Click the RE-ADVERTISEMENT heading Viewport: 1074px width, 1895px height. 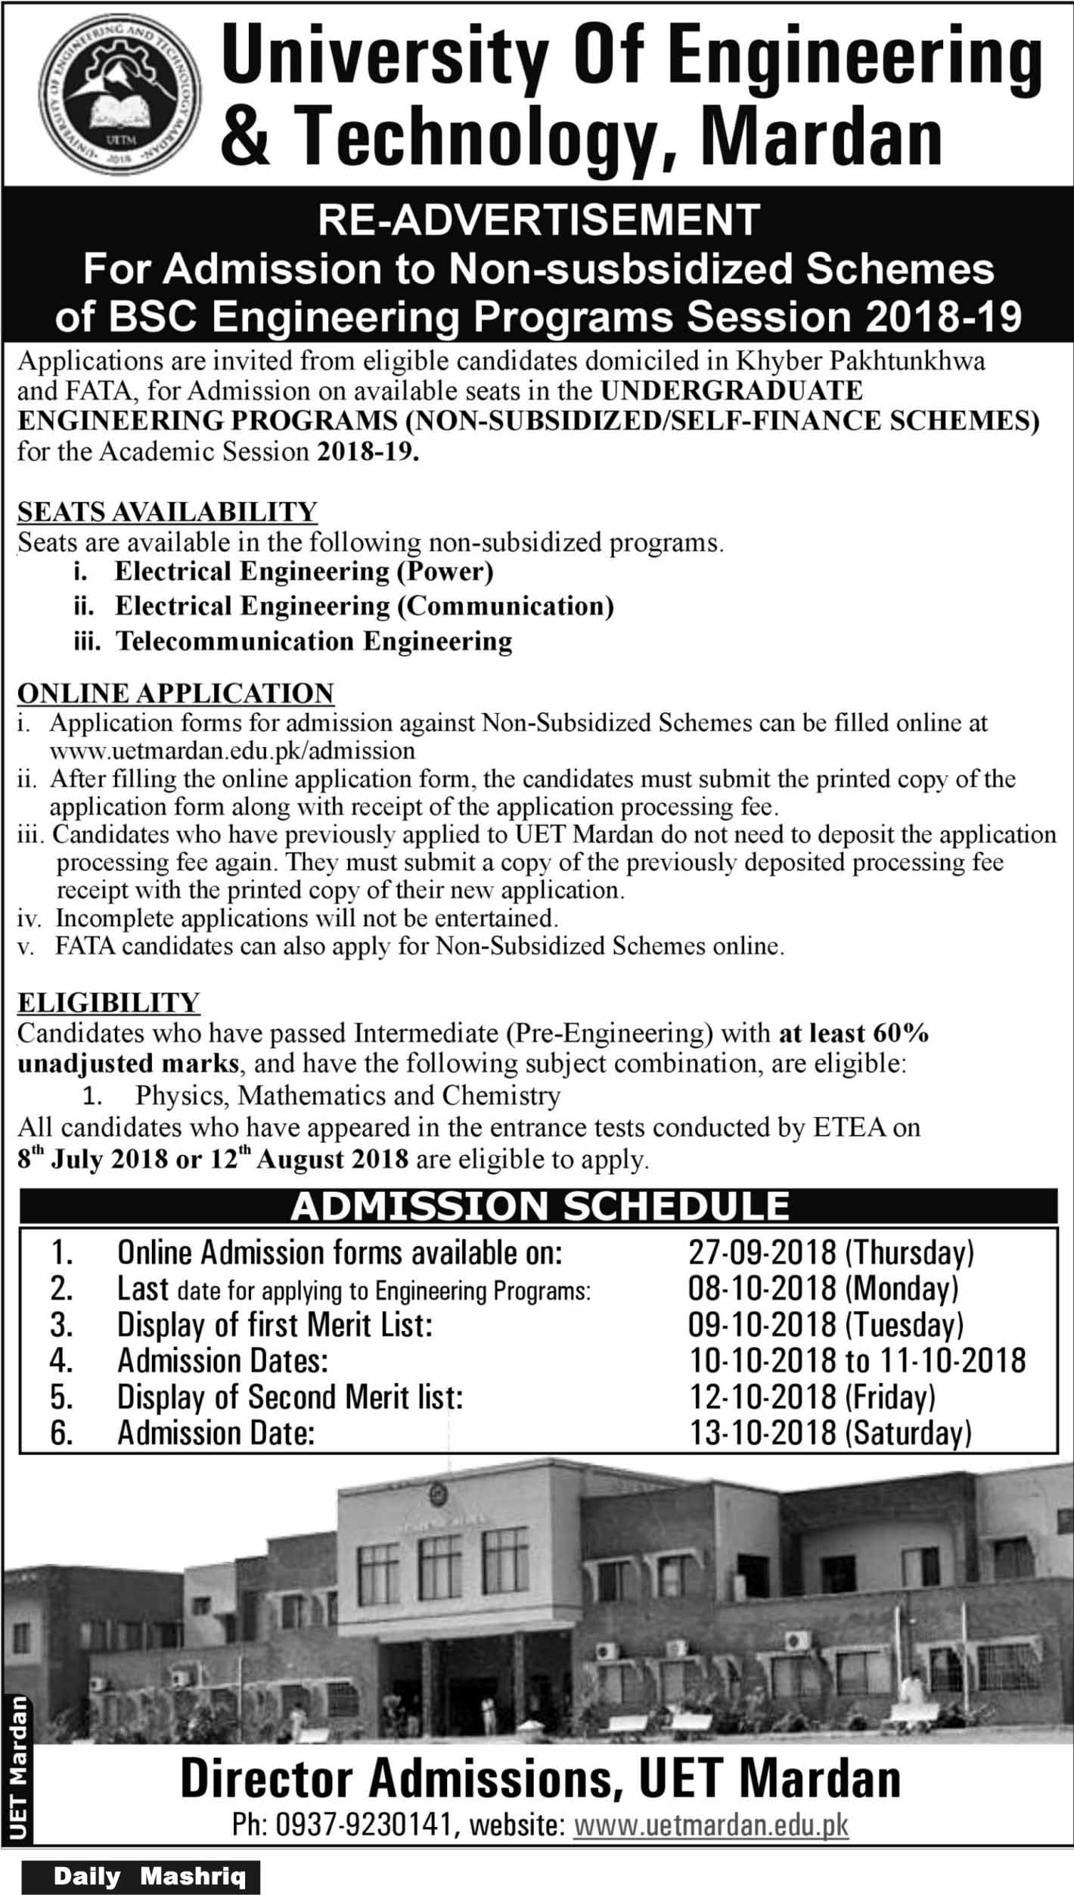coord(539,219)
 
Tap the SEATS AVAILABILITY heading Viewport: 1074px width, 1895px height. coord(167,512)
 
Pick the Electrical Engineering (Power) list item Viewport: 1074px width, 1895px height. coord(303,572)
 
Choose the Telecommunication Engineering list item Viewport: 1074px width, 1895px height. coord(313,641)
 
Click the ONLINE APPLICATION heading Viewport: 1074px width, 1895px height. coord(175,693)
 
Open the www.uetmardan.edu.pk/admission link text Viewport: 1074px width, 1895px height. coord(232,750)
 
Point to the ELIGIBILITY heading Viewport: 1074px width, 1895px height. coord(108,1003)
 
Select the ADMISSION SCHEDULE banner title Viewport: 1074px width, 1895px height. coord(539,1206)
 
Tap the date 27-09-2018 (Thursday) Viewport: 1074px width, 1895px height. coord(830,1253)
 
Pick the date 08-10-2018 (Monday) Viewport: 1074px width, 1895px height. coord(823,1289)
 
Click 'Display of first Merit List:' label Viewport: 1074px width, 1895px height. coord(275,1326)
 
